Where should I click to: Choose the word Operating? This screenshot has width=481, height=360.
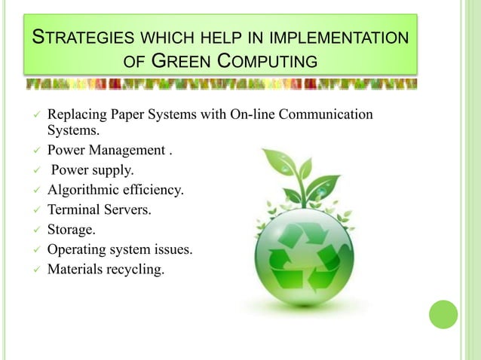point(75,250)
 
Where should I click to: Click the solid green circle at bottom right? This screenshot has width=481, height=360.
point(443,315)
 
